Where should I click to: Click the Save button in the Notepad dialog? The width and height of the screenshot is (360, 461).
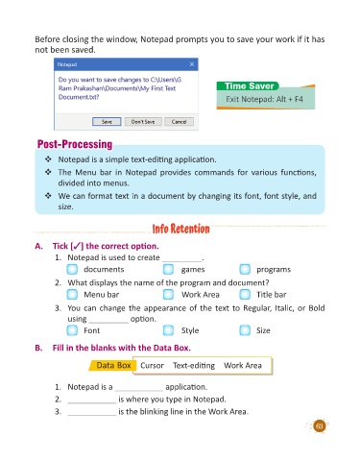[107, 122]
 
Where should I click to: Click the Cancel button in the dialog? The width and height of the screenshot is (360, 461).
[179, 122]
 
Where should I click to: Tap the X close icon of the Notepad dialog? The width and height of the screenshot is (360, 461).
[192, 64]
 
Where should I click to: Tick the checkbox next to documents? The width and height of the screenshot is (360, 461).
[72, 269]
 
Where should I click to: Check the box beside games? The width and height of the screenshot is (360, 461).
[168, 269]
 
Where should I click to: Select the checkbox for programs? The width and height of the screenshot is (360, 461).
[245, 269]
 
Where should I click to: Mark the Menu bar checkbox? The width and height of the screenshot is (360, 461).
[72, 294]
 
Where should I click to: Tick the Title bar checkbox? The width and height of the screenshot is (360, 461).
[245, 294]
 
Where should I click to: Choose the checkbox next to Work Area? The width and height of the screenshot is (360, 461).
[168, 294]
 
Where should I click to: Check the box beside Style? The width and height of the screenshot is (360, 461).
[168, 330]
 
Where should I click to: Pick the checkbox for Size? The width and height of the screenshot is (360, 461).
[245, 330]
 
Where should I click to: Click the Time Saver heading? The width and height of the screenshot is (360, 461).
[249, 86]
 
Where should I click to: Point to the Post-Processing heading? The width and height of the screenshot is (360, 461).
[75, 144]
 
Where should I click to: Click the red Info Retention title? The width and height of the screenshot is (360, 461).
[180, 229]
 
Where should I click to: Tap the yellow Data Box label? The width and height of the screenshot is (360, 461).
[113, 365]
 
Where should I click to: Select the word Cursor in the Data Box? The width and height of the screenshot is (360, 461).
[152, 365]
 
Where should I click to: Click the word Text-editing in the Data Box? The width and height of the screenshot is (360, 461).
[194, 366]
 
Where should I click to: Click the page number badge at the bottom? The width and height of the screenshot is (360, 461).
[319, 426]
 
